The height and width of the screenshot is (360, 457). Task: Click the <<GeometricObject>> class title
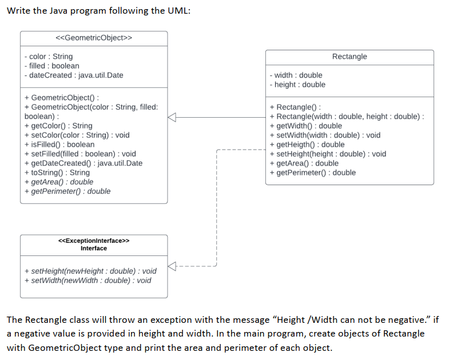(x=94, y=38)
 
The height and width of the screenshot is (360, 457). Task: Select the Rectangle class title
(x=349, y=57)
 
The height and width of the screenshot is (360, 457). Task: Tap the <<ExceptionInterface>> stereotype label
(x=94, y=241)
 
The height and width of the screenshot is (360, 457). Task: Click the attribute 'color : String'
(x=49, y=57)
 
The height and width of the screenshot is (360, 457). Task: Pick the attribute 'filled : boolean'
(x=52, y=66)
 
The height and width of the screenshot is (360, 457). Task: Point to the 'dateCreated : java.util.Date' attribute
(x=74, y=75)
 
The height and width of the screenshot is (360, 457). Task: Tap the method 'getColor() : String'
(x=58, y=126)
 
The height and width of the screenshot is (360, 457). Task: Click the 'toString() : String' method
(x=57, y=173)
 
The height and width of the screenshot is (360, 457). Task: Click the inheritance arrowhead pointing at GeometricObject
(x=172, y=117)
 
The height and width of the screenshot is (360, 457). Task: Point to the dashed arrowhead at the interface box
(x=172, y=266)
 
